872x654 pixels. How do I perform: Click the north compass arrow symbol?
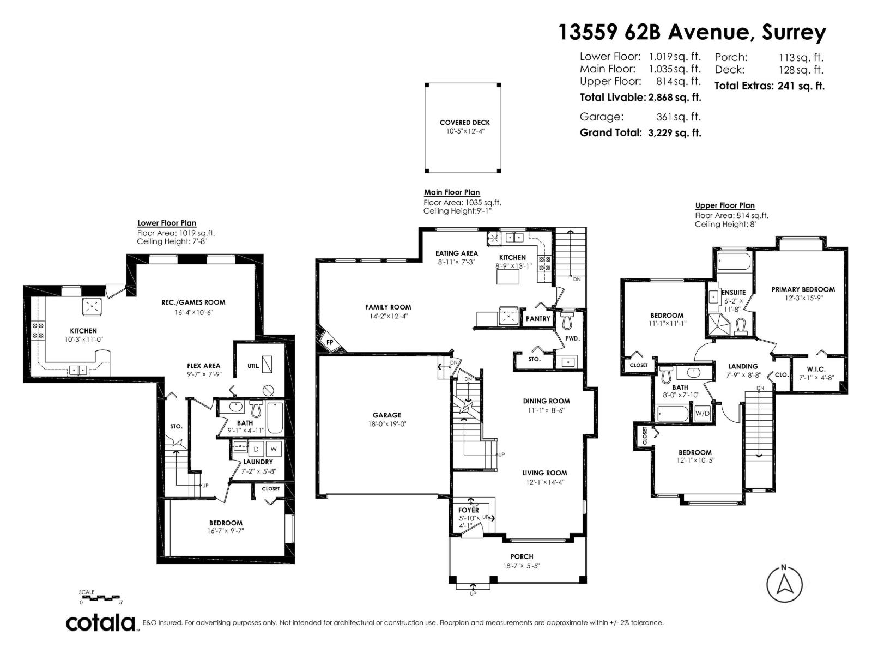tap(784, 584)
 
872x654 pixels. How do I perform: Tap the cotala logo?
tap(101, 623)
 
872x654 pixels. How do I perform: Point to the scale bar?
tap(101, 598)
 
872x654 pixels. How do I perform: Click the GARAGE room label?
tap(387, 415)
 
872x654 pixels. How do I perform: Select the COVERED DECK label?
tap(464, 123)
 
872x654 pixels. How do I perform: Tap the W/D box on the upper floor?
tap(703, 414)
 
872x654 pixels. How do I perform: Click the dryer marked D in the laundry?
tap(256, 450)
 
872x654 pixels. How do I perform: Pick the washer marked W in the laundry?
tap(274, 450)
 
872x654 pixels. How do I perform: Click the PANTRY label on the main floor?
tap(538, 319)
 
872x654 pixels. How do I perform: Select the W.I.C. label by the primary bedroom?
tap(816, 370)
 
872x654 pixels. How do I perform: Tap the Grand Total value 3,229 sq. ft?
tap(674, 132)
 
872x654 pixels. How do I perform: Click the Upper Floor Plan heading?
tap(725, 205)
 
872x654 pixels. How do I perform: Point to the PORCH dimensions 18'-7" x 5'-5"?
tap(522, 566)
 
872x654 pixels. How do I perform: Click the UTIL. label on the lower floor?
tap(253, 366)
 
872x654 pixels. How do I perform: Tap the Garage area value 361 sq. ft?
tap(679, 117)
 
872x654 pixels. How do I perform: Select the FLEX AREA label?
tap(203, 366)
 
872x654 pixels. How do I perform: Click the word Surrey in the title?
tap(794, 33)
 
